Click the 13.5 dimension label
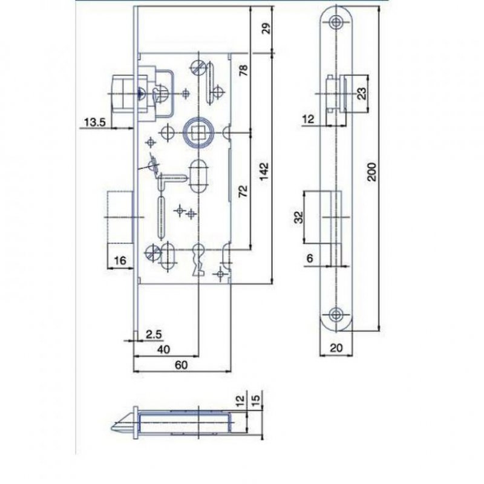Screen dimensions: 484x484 point(95,123)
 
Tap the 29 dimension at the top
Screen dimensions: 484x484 point(264,28)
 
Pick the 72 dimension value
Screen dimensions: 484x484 point(244,192)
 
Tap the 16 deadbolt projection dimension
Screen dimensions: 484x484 point(119,261)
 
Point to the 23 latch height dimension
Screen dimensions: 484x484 point(361,93)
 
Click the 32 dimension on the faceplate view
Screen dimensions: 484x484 point(299,217)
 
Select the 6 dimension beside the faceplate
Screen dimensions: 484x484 point(310,258)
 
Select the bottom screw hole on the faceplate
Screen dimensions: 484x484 point(335,313)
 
